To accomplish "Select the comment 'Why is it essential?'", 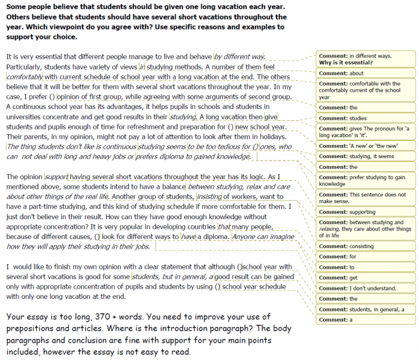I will [x=346, y=63].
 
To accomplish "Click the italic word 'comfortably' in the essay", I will [x=25, y=77].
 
